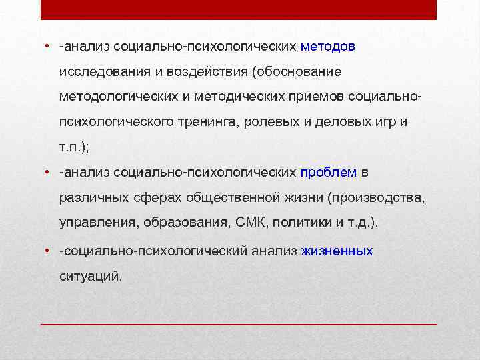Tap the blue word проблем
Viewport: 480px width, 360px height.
tap(329, 173)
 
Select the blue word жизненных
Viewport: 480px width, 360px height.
tap(337, 251)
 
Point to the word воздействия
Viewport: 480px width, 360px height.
tap(199, 71)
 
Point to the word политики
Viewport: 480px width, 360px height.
tap(299, 223)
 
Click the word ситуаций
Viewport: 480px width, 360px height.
tap(91, 275)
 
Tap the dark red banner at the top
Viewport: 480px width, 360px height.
tap(239, 9)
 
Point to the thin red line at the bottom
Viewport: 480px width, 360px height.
tap(239, 324)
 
